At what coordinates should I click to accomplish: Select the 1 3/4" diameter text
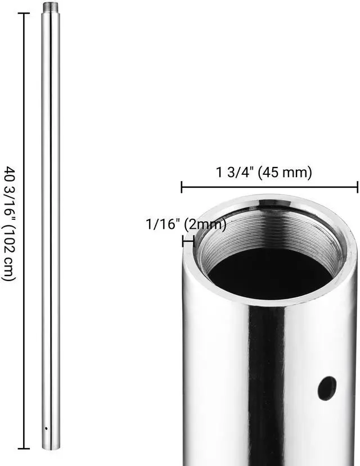coord(235,173)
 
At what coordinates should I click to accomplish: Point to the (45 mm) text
coord(285,173)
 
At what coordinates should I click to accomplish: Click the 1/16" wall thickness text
coord(163,225)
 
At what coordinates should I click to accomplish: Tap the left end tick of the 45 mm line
coord(181,187)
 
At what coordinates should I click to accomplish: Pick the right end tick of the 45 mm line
coord(357,187)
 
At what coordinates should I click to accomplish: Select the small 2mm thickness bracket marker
coord(188,241)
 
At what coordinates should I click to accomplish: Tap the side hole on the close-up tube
coord(326,388)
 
